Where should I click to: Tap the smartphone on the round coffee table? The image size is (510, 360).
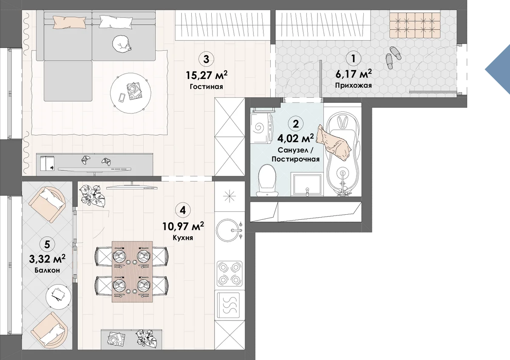pos(122,98)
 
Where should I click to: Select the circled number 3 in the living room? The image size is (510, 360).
pos(206,59)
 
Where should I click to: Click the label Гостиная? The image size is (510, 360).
pos(206,87)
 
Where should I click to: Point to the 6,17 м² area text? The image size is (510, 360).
pos(354,74)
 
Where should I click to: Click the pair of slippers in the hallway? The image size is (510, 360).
pos(393,58)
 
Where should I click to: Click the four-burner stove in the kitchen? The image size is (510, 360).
pos(229,273)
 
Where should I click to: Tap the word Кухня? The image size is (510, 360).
pos(183,238)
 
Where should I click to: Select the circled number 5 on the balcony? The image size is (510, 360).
pos(47,244)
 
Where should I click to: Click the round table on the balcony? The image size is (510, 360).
pos(58,297)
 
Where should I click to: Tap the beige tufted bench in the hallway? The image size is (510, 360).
pos(415,25)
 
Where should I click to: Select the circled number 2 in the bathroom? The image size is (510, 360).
pos(295,124)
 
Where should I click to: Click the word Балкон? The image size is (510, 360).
pos(47,270)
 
